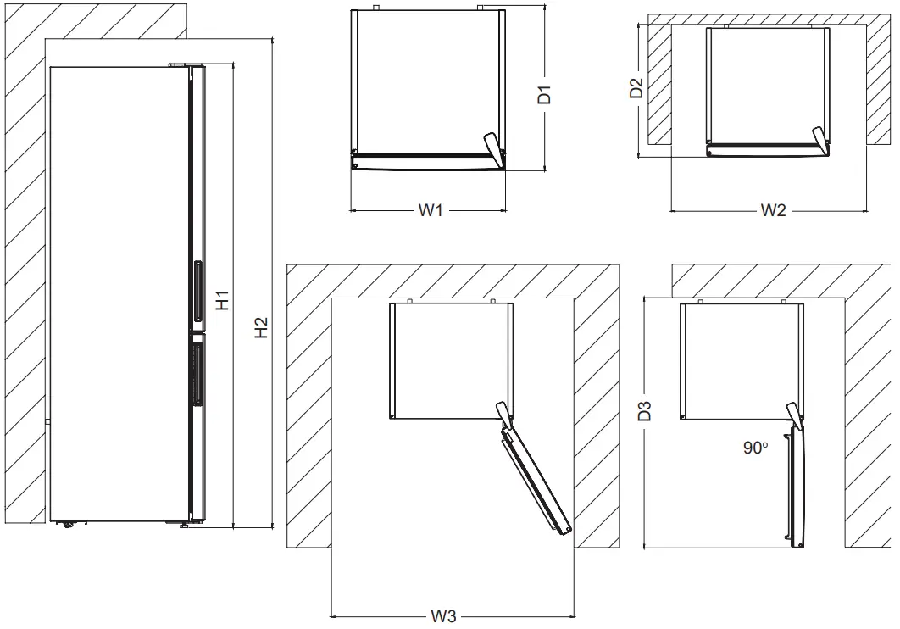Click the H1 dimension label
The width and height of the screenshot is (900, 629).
tap(222, 300)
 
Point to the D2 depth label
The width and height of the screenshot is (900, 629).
tap(637, 89)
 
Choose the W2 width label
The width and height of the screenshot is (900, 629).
tap(772, 210)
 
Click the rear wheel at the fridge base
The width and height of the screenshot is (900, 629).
tap(65, 524)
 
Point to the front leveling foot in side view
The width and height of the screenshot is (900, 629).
tap(183, 526)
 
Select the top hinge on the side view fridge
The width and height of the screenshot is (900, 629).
tap(186, 64)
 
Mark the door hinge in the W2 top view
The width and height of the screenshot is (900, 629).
tap(817, 138)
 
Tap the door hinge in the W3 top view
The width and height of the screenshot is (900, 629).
tap(505, 413)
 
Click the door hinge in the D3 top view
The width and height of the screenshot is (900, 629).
tap(795, 413)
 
